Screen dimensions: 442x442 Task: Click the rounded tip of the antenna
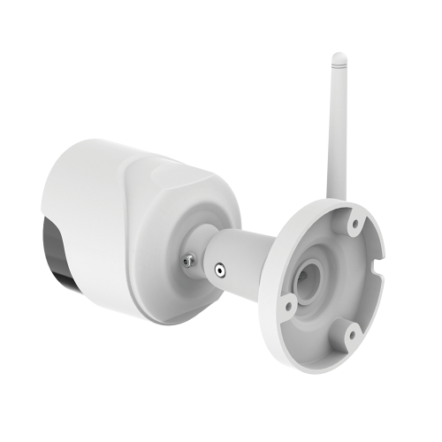(x=338, y=59)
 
